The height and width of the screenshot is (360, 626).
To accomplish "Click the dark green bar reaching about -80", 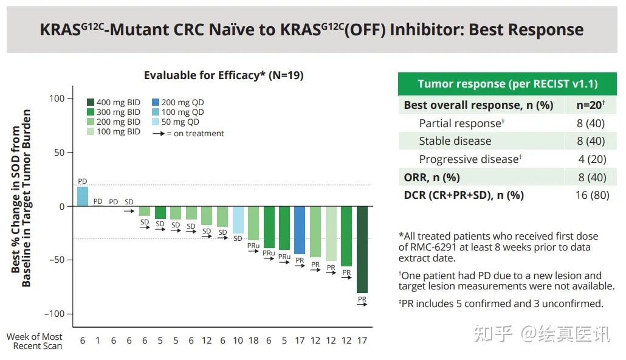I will [x=362, y=249].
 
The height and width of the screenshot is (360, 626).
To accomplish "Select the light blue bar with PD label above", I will [x=83, y=196].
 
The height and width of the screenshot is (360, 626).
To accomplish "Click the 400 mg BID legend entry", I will [x=113, y=102].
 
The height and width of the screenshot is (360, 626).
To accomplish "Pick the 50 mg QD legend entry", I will [x=177, y=122].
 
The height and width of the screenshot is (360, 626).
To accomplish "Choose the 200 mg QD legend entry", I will [x=177, y=102].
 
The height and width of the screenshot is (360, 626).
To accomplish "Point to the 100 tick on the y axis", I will [x=57, y=99].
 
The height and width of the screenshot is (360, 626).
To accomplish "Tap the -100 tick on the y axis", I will [x=53, y=314].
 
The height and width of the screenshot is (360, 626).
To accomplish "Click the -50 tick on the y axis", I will [x=56, y=260].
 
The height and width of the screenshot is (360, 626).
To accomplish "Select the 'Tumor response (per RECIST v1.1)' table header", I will [x=507, y=84].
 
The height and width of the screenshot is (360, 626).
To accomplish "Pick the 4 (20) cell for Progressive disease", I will [x=591, y=159].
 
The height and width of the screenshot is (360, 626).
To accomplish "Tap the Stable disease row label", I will [x=455, y=141].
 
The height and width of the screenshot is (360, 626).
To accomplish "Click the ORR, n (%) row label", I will [x=432, y=178].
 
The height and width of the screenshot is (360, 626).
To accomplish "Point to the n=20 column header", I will [x=591, y=105].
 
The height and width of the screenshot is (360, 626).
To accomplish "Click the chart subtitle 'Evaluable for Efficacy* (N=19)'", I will [x=224, y=75].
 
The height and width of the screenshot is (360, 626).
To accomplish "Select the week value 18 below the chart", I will [x=253, y=341].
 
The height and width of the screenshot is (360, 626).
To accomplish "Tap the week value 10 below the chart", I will [x=238, y=341].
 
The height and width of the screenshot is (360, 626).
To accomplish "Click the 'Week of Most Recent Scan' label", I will [x=34, y=341].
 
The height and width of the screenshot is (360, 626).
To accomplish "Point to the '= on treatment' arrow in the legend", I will [x=159, y=133].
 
